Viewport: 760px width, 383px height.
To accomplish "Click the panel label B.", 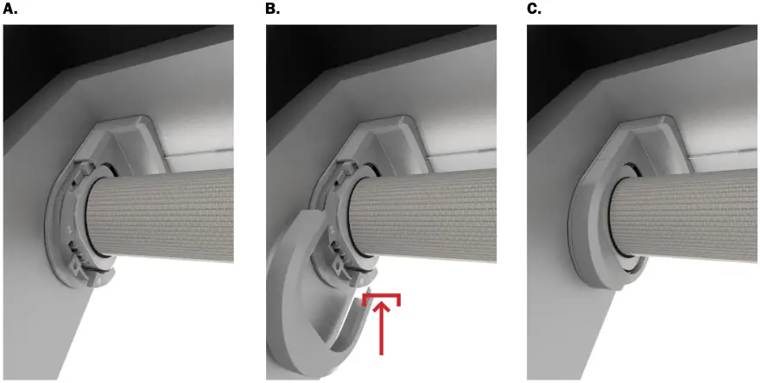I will coord(274,9).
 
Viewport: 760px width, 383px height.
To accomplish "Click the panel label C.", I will coord(535,9).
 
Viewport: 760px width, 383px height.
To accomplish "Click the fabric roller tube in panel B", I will coord(432,211).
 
